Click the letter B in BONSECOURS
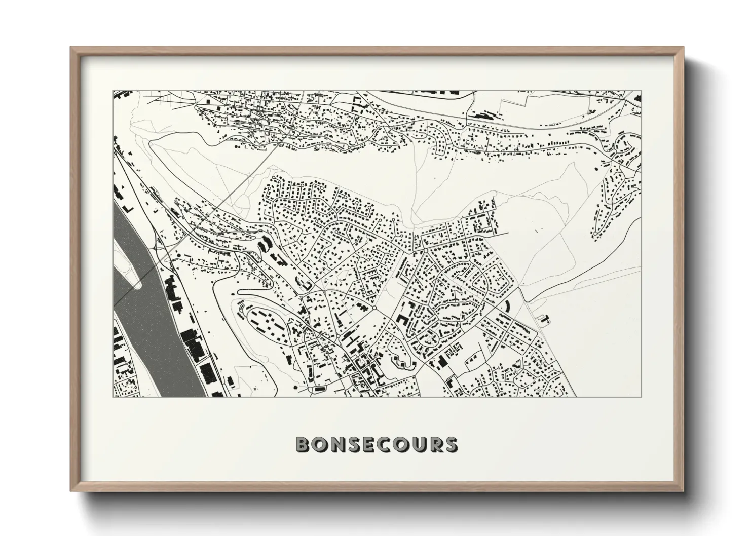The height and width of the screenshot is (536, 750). (x=304, y=444)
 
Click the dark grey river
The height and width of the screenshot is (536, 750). (x=147, y=314)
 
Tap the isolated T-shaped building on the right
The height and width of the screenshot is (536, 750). (x=545, y=319)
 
